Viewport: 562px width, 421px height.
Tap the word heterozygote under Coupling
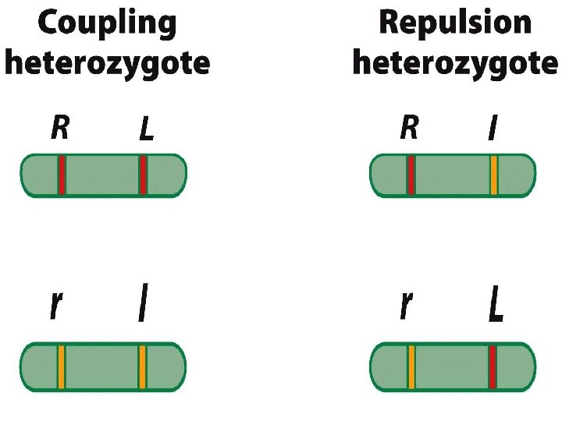click(108, 62)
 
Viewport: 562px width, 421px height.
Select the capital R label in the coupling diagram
click(59, 128)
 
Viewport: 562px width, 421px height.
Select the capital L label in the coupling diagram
click(146, 129)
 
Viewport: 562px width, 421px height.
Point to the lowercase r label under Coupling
click(55, 306)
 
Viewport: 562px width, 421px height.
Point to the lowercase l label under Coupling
click(142, 306)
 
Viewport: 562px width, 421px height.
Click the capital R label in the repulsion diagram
click(408, 128)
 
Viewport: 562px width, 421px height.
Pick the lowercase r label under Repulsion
click(405, 306)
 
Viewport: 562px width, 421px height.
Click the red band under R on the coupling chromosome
click(62, 175)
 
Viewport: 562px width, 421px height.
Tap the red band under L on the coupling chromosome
click(143, 175)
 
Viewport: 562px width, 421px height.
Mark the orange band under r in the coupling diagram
click(61, 366)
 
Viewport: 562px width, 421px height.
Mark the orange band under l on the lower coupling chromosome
click(142, 366)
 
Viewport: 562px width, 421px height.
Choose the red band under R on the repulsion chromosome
click(411, 175)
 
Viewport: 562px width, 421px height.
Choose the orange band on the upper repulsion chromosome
click(494, 175)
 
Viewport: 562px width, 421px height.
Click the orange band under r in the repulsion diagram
click(411, 366)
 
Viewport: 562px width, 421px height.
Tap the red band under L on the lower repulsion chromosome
click(493, 366)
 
